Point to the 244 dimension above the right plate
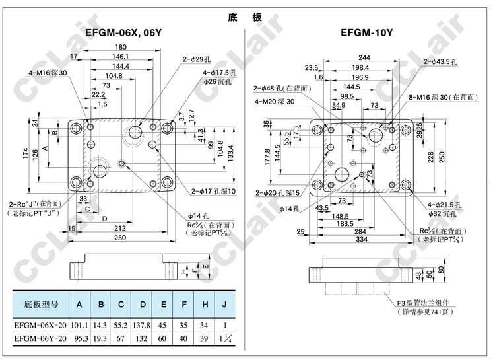[x=364, y=57]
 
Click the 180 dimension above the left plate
[x=120, y=47]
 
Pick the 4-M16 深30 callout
[x=48, y=73]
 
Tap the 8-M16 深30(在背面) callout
[x=444, y=97]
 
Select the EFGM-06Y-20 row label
[x=41, y=339]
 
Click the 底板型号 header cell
[x=41, y=305]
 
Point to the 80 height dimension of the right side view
[x=440, y=271]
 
